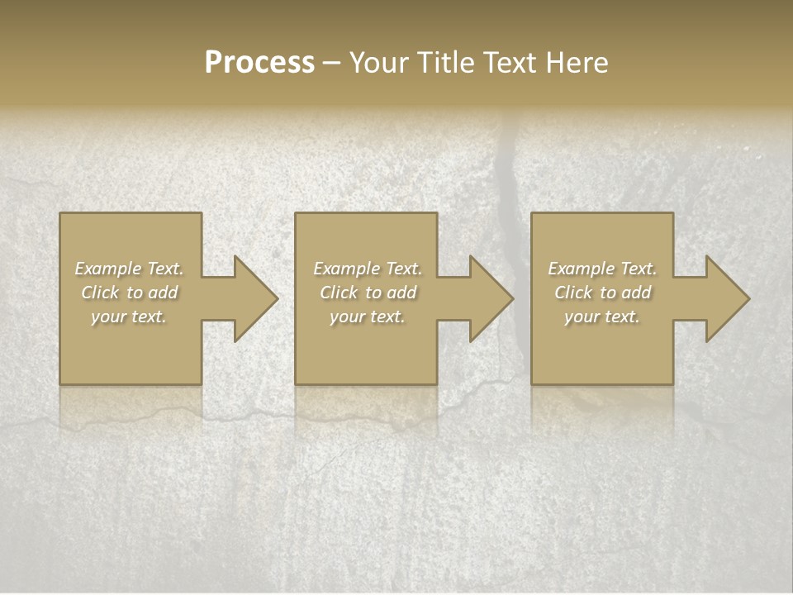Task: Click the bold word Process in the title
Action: point(259,63)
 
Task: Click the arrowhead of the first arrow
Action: point(256,298)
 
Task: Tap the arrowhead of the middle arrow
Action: point(491,298)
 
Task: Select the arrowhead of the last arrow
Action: point(728,298)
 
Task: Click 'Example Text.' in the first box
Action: point(129,269)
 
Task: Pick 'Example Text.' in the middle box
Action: point(368,269)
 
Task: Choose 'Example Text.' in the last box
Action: point(602,269)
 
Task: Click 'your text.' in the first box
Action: point(129,317)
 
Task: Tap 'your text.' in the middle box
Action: point(368,317)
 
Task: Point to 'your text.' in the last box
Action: point(602,317)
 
